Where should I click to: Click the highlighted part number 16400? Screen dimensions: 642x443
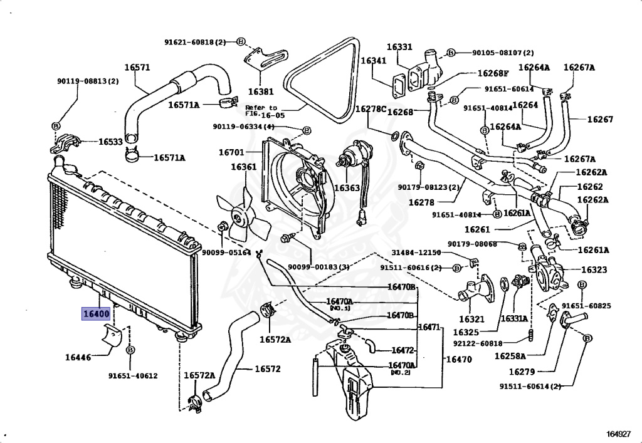pyautogui.click(x=96, y=314)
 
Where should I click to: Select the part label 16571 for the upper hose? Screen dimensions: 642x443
pyautogui.click(x=137, y=68)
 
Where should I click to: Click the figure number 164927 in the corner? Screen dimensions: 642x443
pyautogui.click(x=618, y=434)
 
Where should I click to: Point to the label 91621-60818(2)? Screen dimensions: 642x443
pyautogui.click(x=195, y=42)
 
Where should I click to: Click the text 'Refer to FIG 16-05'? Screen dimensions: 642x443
pyautogui.click(x=261, y=112)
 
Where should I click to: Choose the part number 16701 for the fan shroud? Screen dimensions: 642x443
pyautogui.click(x=231, y=153)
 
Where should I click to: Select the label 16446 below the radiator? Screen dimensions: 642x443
pyautogui.click(x=78, y=357)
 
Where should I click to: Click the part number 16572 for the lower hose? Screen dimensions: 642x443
pyautogui.click(x=268, y=369)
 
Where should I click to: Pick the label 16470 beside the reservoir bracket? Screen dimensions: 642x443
pyautogui.click(x=458, y=359)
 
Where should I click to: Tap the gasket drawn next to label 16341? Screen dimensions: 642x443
pyautogui.click(x=399, y=86)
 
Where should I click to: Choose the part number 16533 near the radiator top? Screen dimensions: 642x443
pyautogui.click(x=110, y=142)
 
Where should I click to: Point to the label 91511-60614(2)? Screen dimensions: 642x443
pyautogui.click(x=530, y=386)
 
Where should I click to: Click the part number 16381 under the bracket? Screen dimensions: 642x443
pyautogui.click(x=261, y=91)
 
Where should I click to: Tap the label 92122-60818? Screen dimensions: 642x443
pyautogui.click(x=478, y=343)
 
